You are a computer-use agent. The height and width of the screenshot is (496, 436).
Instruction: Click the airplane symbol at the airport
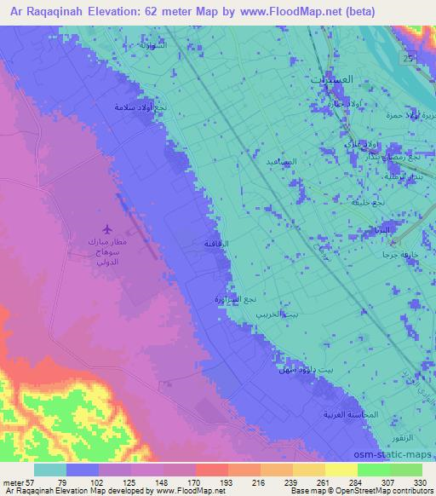pyautogui.click(x=106, y=228)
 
